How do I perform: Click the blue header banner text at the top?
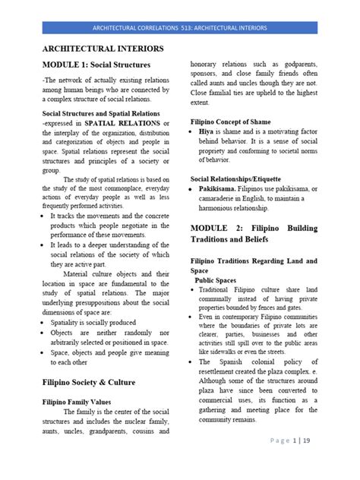point(179,28)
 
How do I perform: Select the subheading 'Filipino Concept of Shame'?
point(231,122)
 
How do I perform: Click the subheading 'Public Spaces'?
point(218,279)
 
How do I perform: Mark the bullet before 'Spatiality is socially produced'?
point(43,322)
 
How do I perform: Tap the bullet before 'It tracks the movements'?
point(43,216)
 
